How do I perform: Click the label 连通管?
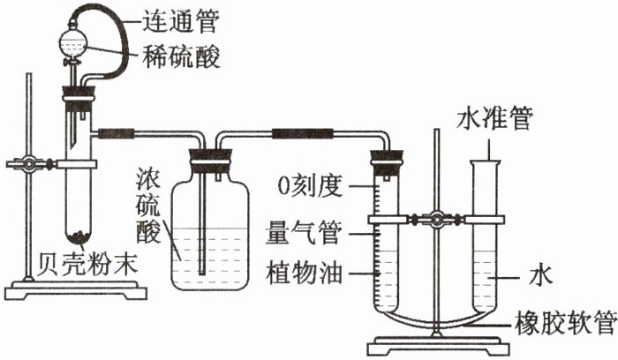tap(181, 18)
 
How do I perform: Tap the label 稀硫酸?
tap(181, 56)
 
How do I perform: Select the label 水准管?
tap(494, 119)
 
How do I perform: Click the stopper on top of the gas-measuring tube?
tap(386, 163)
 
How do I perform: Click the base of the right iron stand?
tap(437, 342)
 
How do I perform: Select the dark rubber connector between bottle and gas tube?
tap(300, 135)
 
